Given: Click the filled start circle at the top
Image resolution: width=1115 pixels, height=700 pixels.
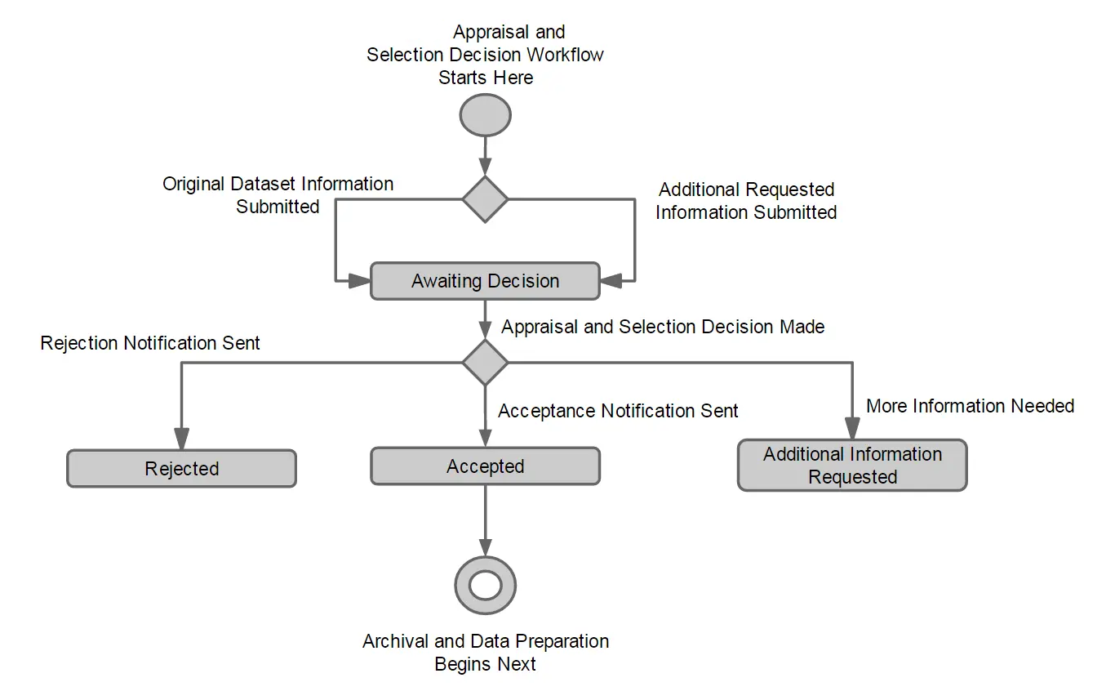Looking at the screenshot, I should coord(486,115).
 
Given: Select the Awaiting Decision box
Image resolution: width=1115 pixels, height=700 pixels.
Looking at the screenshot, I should coord(486,281).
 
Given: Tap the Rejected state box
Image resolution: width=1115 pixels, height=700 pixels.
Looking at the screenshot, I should coord(181,469).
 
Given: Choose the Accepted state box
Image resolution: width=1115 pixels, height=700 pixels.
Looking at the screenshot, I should coord(486,466).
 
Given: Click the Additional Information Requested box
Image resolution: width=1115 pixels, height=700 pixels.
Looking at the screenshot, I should coord(852,466).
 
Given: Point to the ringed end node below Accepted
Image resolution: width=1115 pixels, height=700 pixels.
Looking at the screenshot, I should coord(486,585).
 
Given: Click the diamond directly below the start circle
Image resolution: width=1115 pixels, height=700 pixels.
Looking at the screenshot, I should coord(486,198).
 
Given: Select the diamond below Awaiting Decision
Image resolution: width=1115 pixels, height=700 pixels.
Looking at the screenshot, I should coord(486,362).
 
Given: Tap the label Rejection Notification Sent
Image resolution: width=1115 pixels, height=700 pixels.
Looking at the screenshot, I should coord(150,343).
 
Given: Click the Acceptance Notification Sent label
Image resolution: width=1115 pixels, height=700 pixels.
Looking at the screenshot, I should coord(618,411).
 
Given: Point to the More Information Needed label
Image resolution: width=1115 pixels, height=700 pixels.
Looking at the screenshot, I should coord(970,406).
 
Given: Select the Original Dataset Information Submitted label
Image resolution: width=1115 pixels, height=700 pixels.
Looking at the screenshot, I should coord(278,195).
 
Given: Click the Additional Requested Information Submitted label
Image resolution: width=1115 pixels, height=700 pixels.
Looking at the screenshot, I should coord(746,201).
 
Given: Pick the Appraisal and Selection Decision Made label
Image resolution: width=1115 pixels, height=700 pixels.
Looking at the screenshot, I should coord(663,327).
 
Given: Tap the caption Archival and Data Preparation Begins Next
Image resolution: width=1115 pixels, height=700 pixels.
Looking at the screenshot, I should coord(486,653).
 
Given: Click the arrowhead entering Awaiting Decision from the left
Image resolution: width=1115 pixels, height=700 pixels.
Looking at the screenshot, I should coord(360,281).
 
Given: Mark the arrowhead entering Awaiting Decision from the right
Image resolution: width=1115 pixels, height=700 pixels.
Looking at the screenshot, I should coord(611,281).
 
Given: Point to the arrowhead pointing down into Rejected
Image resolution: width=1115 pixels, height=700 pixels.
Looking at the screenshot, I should coord(181,439).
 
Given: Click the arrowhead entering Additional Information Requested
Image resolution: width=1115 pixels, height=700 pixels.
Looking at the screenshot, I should coord(852,430).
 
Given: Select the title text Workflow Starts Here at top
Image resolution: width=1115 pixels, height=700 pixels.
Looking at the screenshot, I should coord(486,55).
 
